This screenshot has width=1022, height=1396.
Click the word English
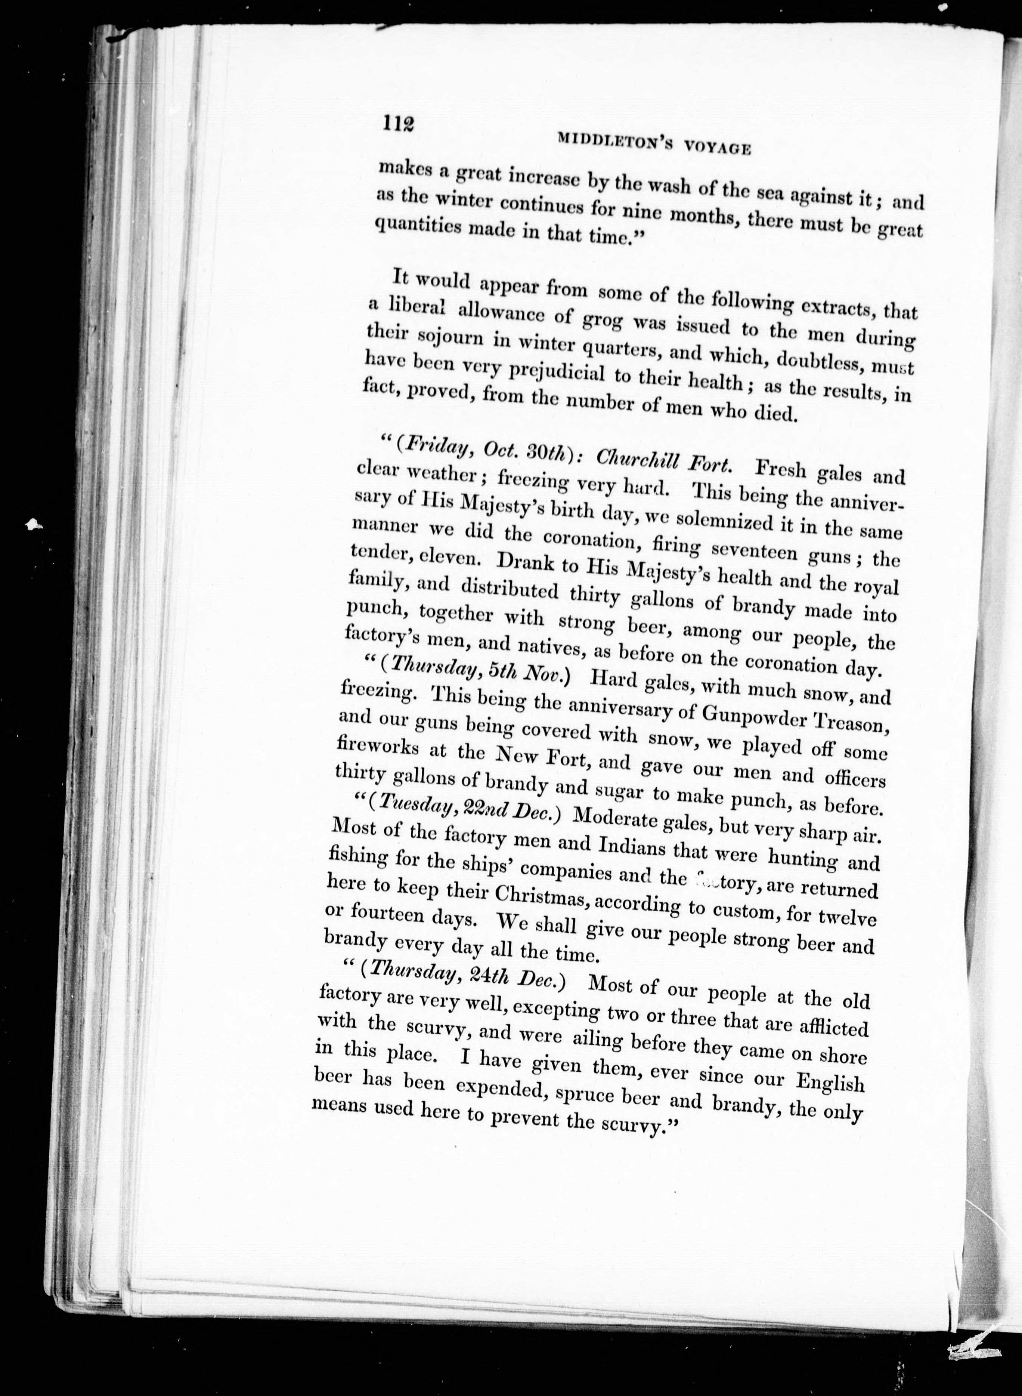(x=829, y=1084)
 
